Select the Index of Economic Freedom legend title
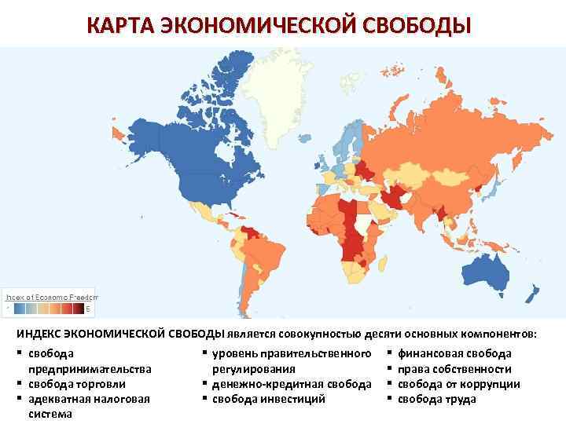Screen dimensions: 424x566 (x=52, y=298)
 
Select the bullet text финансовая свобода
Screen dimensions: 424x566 (x=454, y=354)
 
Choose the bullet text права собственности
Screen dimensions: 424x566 (x=454, y=369)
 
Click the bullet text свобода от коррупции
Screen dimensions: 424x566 (x=458, y=384)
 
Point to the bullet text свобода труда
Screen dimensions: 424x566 (x=436, y=399)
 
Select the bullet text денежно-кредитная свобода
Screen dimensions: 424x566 (x=291, y=384)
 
